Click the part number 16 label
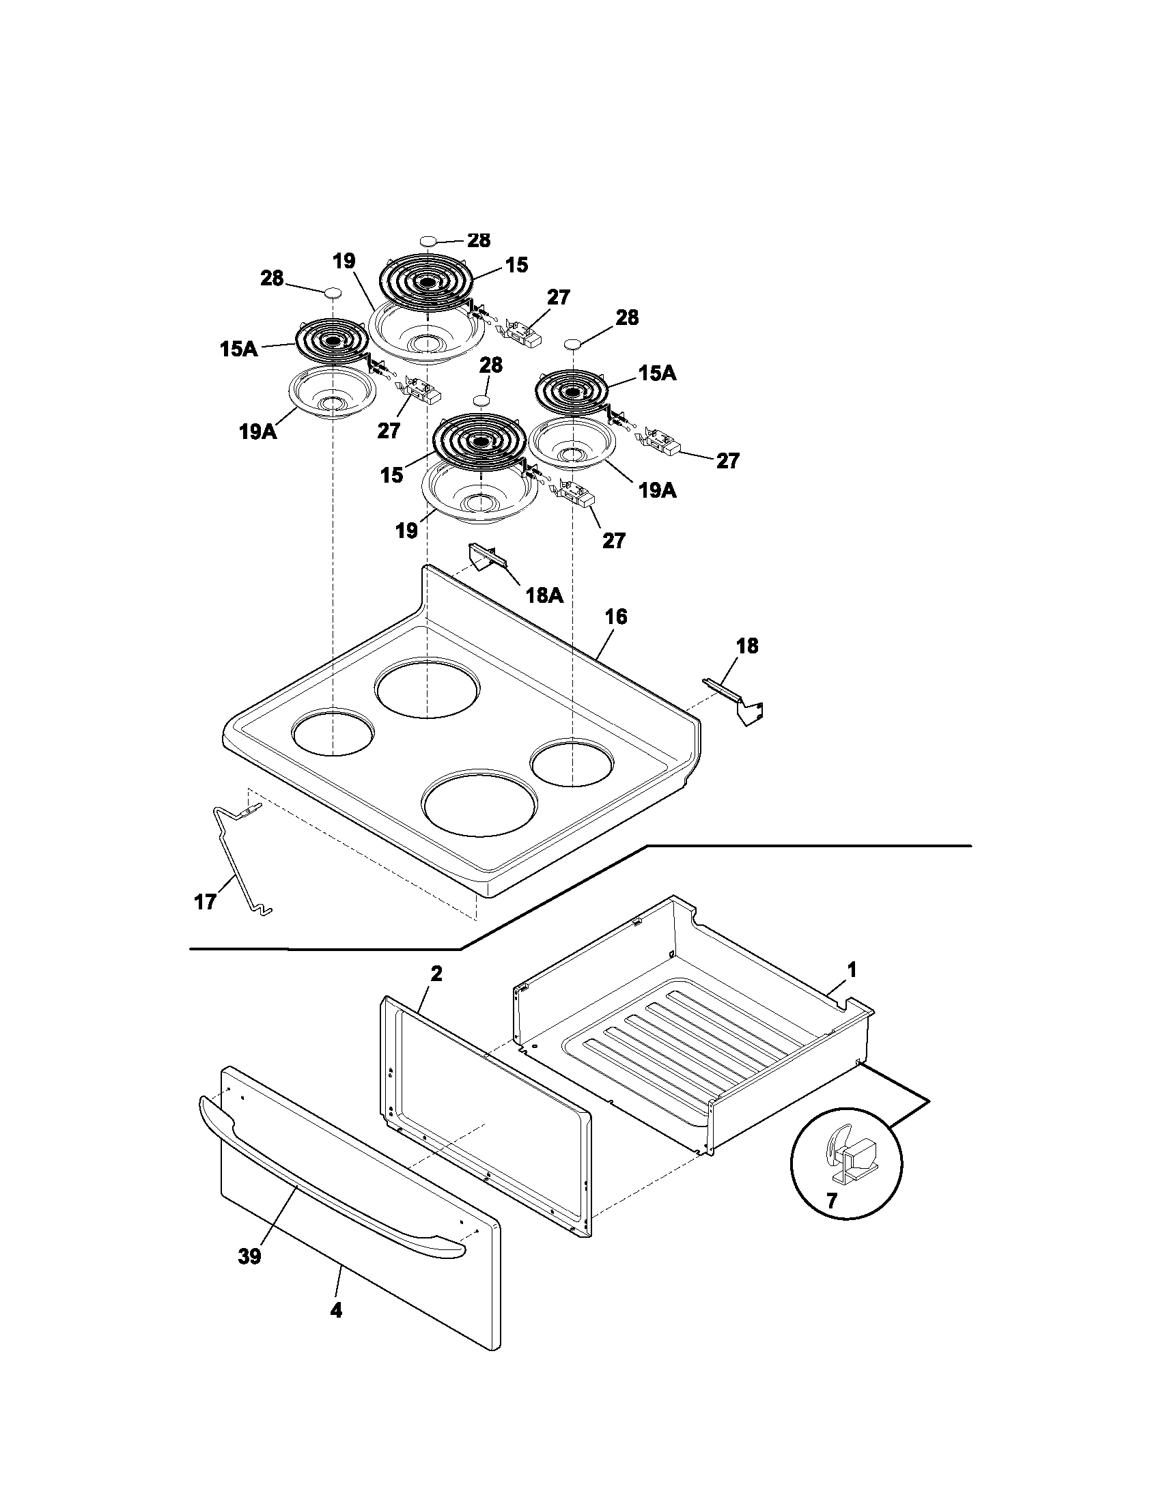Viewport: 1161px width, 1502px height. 616,617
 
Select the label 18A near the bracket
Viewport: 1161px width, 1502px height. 544,595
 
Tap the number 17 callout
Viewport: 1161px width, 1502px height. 205,902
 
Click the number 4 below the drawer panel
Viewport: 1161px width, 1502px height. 335,1329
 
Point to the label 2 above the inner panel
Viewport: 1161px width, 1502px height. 436,974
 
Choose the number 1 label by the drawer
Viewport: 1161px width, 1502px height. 852,970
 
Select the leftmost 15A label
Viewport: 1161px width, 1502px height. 238,350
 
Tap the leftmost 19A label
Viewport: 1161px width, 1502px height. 257,433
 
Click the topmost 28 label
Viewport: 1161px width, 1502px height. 479,240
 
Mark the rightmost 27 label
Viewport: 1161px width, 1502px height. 727,461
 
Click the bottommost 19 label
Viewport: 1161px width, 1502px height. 406,530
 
